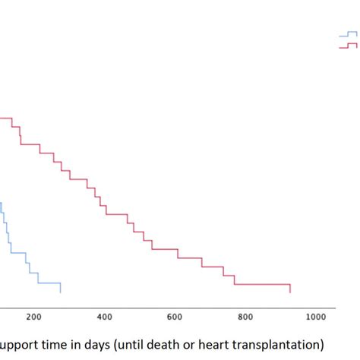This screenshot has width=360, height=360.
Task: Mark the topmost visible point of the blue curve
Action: click(x=1, y=202)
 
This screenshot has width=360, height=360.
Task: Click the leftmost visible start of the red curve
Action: click(x=1, y=118)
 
